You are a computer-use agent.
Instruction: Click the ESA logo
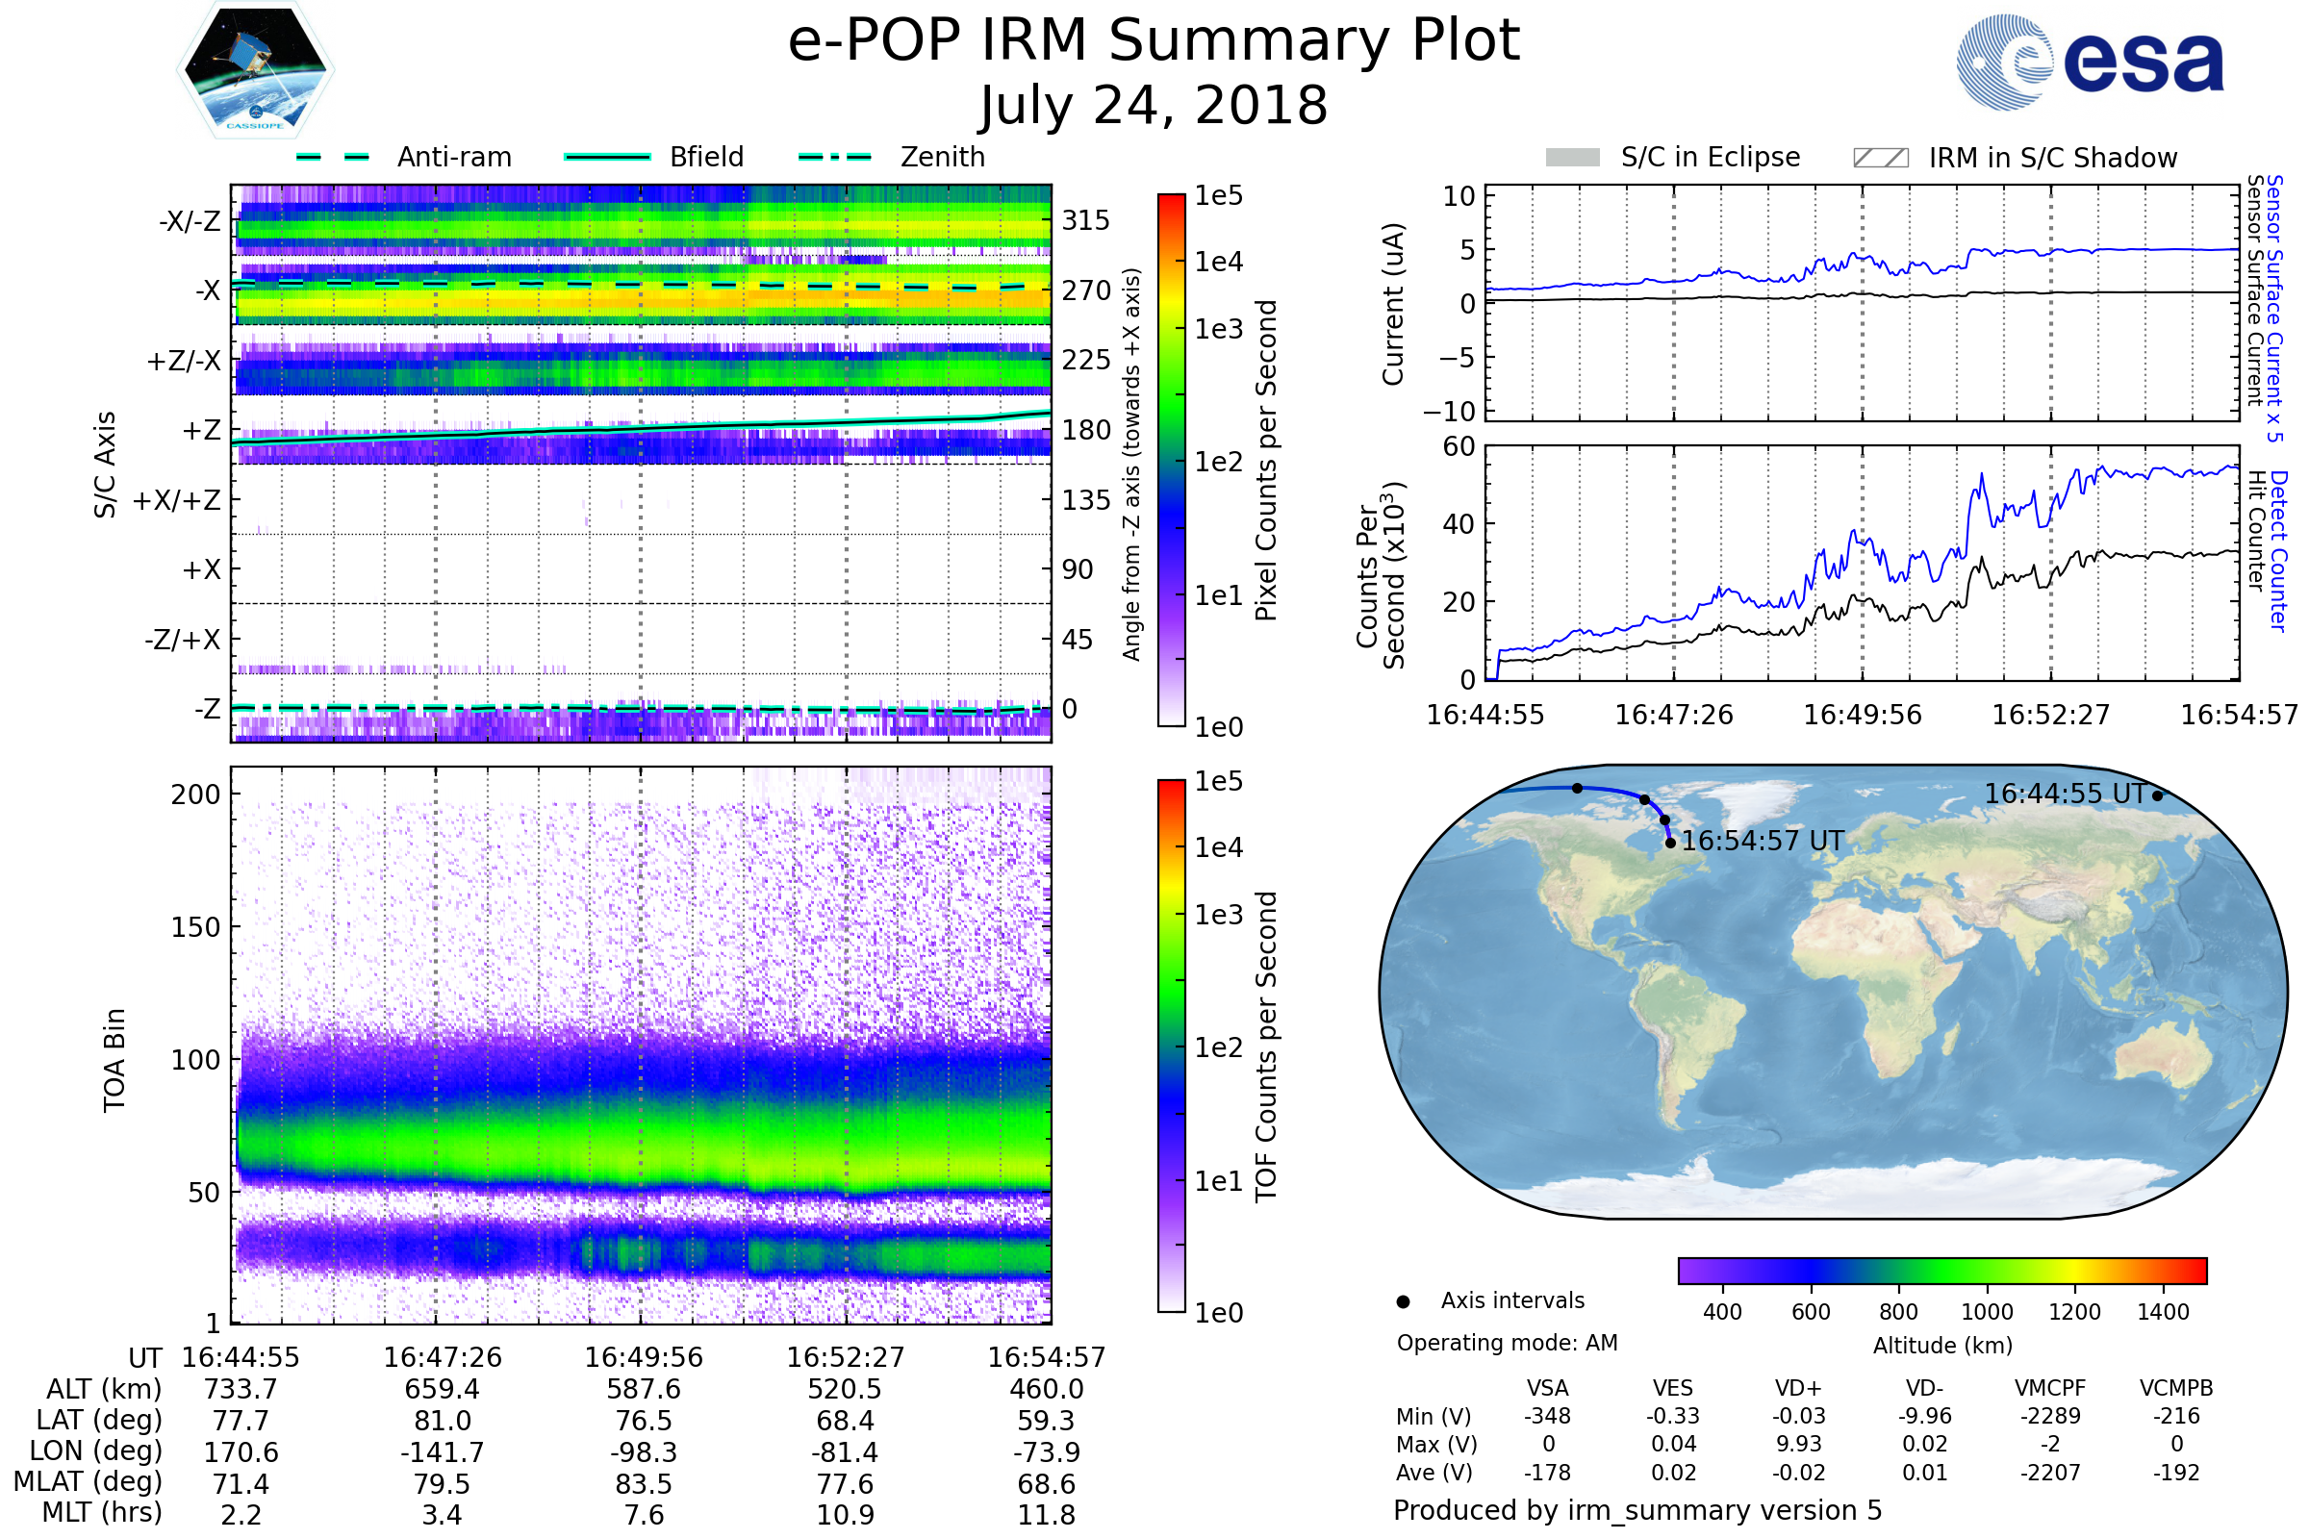pos(2091,62)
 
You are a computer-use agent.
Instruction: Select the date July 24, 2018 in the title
pos(1154,106)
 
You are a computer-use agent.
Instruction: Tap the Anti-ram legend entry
pos(453,157)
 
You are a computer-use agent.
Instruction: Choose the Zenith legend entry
pos(943,157)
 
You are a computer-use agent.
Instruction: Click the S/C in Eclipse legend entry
pos(1711,157)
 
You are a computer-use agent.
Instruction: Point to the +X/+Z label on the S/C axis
pos(177,500)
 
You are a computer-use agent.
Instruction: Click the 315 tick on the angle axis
pos(1086,220)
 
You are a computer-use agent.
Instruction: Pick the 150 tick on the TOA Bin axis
pos(195,927)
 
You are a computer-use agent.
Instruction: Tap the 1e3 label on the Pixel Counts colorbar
pos(1218,329)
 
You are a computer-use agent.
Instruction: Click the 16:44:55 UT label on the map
pos(2065,793)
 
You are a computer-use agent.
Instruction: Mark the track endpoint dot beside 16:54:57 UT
pos(1671,844)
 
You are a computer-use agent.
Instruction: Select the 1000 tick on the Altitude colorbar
pos(1987,1312)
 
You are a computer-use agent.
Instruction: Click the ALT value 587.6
pos(644,1390)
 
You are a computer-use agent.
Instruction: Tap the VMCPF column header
pos(2050,1389)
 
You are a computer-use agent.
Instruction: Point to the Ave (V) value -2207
pos(2050,1474)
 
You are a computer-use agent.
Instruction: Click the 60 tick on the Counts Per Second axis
pos(1459,447)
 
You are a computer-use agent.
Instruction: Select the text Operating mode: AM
pos(1507,1343)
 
